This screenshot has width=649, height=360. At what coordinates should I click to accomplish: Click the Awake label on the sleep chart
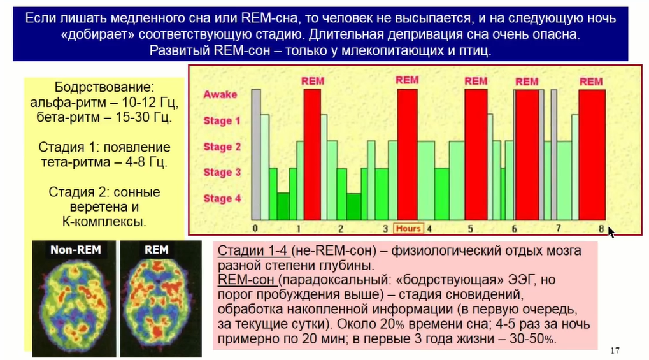[x=220, y=94]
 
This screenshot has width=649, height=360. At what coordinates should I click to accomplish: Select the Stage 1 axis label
[x=222, y=120]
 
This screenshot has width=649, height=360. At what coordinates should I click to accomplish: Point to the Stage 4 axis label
[x=222, y=198]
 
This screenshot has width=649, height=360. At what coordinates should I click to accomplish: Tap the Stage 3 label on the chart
[x=222, y=172]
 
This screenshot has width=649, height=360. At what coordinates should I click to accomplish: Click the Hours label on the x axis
[x=408, y=228]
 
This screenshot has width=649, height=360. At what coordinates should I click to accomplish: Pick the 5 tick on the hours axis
[x=470, y=229]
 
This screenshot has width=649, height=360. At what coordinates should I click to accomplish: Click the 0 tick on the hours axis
[x=255, y=228]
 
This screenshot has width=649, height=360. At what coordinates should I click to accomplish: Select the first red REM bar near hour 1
[x=312, y=155]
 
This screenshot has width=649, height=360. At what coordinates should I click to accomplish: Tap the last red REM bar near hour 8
[x=592, y=155]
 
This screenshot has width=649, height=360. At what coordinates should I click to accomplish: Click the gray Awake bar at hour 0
[x=256, y=155]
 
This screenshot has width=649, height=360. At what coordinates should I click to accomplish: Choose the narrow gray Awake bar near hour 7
[x=554, y=155]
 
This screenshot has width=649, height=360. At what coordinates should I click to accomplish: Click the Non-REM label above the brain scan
[x=76, y=250]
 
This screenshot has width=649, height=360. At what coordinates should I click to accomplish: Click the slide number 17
[x=615, y=350]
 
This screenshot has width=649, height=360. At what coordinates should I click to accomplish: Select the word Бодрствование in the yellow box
[x=104, y=87]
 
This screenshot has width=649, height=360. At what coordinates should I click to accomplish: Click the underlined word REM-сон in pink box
[x=246, y=280]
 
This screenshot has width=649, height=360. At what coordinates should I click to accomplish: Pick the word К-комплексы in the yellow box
[x=104, y=222]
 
